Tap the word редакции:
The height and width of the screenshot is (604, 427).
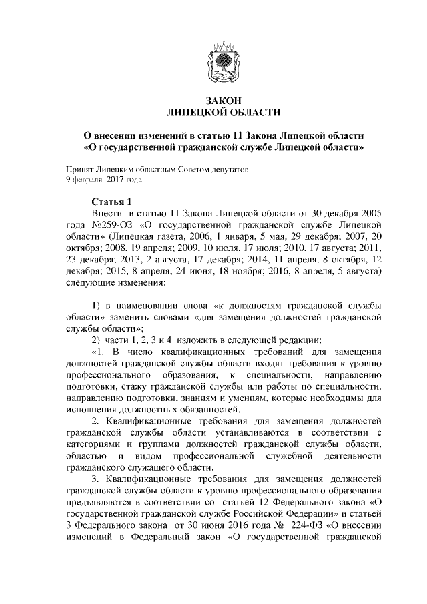(302, 340)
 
